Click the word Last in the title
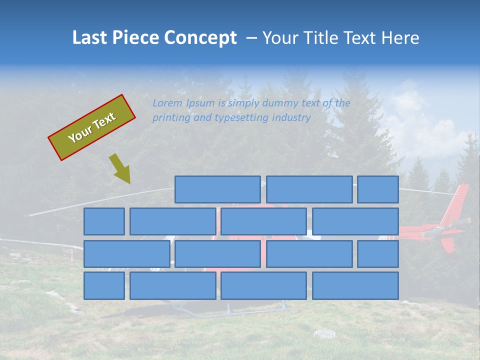click(x=89, y=38)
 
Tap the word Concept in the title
click(x=201, y=38)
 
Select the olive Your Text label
click(x=91, y=127)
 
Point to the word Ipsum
click(x=201, y=103)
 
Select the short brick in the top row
click(x=378, y=189)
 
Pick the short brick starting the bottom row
click(x=104, y=285)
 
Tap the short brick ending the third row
click(x=378, y=253)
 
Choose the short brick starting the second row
click(x=104, y=221)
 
